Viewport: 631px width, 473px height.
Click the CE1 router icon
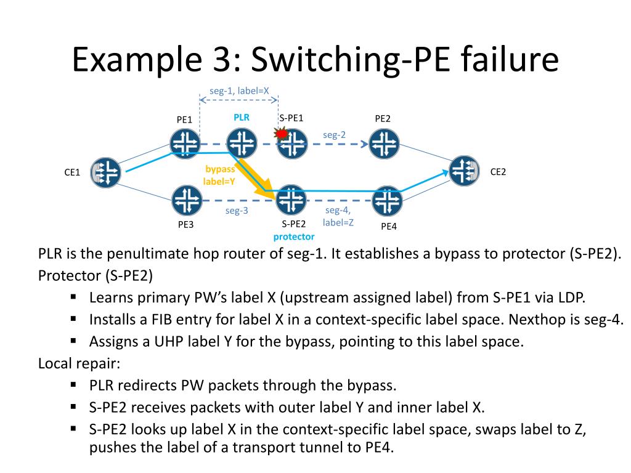[105, 172]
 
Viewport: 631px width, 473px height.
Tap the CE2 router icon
[465, 171]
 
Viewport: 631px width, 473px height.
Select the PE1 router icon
[185, 144]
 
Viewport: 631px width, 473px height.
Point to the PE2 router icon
[384, 145]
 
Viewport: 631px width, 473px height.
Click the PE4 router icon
[388, 200]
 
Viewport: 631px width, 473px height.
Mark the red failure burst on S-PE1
[282, 133]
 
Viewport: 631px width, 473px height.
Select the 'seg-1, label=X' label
[239, 91]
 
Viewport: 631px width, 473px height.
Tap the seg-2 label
[335, 134]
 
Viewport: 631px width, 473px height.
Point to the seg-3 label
[237, 211]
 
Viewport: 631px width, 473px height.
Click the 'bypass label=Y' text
[219, 175]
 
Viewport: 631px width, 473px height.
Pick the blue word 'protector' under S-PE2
[294, 236]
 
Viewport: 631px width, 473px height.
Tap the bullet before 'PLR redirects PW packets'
[73, 385]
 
